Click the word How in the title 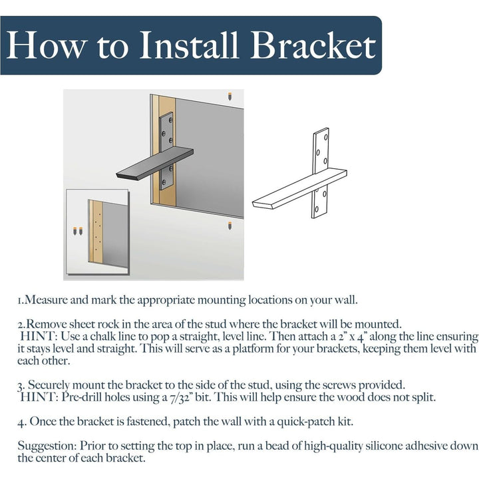[x=45, y=46]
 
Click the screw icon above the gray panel [x=229, y=96]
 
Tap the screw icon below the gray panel [x=229, y=226]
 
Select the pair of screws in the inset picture [x=77, y=232]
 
